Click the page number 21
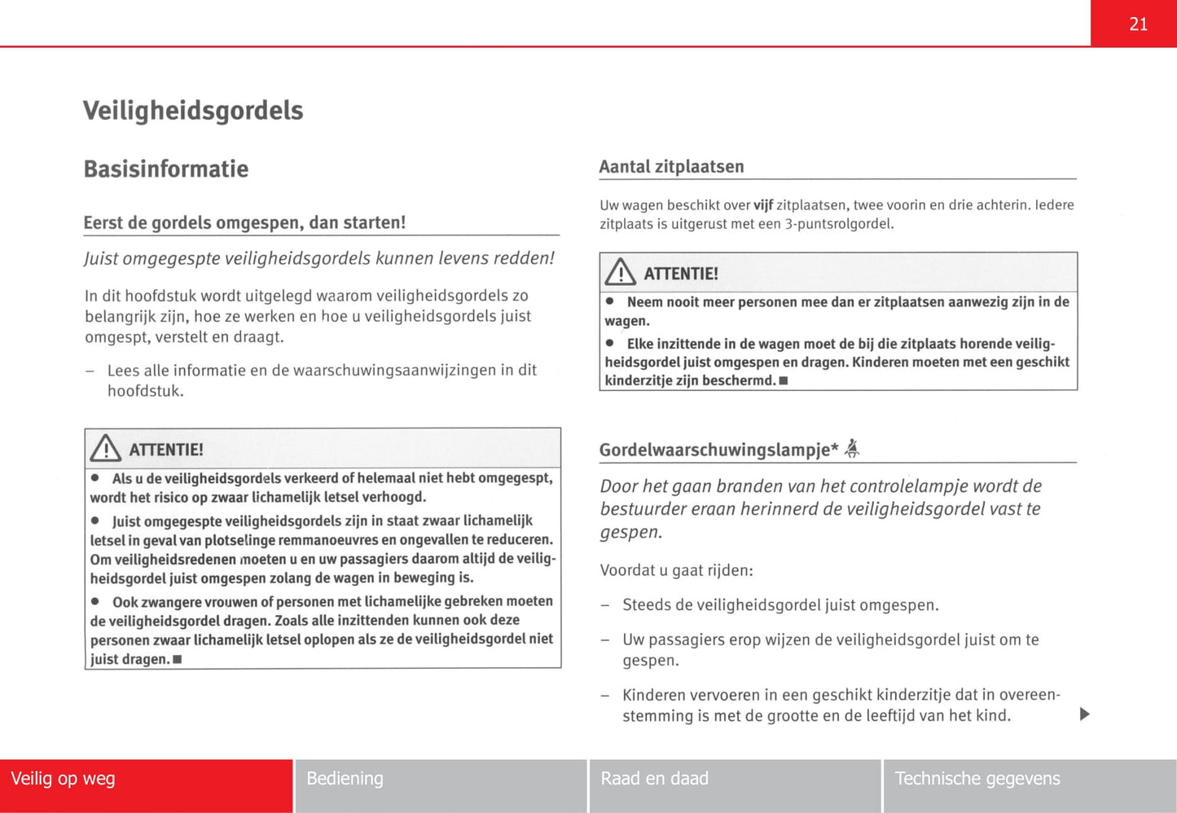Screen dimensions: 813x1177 (x=1138, y=24)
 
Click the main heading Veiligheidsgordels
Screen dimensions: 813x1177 (x=193, y=111)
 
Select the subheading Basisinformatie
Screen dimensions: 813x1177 (x=166, y=169)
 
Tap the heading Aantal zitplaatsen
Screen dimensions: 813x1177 (x=671, y=167)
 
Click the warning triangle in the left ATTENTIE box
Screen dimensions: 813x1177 (x=106, y=449)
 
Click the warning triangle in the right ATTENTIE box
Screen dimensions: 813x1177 (x=621, y=272)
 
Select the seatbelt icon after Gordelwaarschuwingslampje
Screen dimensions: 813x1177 (x=852, y=448)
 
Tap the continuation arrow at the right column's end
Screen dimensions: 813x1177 (x=1084, y=714)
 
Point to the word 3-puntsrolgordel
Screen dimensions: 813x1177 (x=839, y=224)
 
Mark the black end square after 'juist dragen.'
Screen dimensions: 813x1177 (x=177, y=660)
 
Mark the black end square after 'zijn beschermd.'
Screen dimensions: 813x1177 (x=783, y=381)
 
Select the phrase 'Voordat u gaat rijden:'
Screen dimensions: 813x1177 (x=676, y=570)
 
